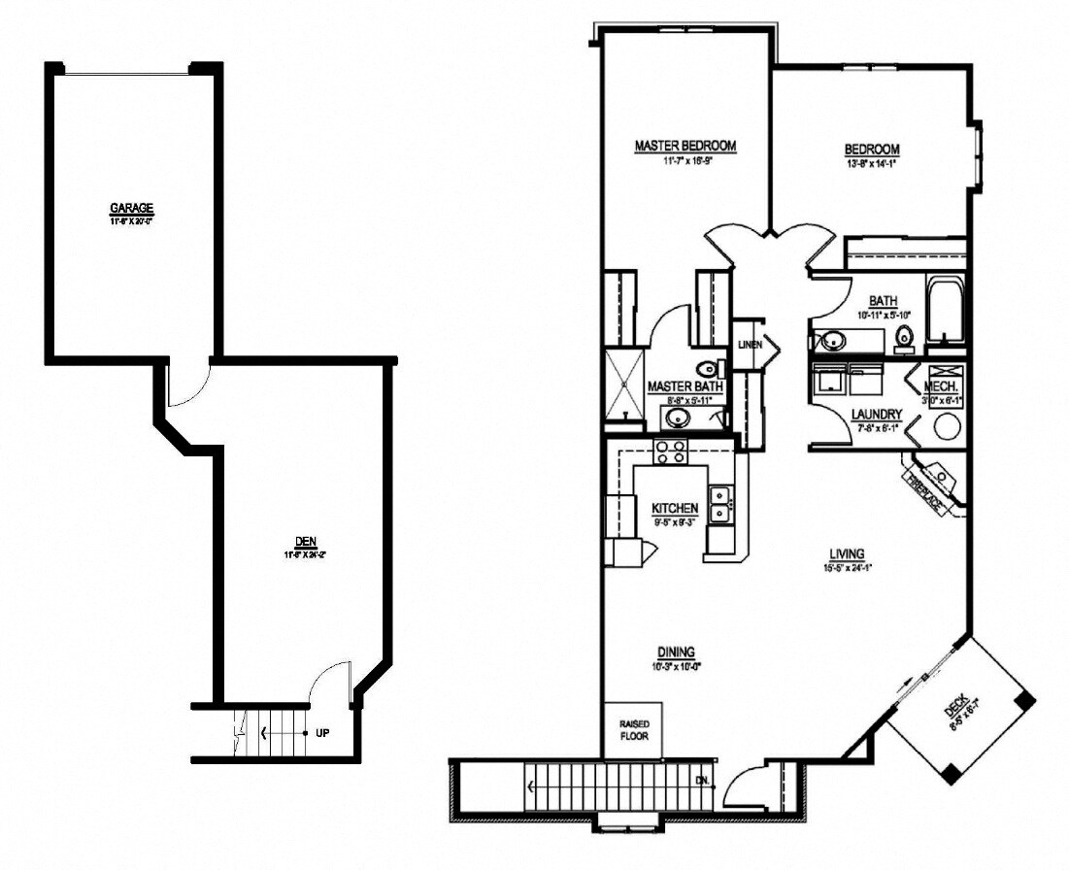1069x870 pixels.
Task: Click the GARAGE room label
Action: click(132, 208)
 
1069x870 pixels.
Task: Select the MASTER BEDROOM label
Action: click(685, 146)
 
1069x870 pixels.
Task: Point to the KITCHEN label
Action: click(675, 508)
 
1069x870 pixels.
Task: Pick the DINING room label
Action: click(675, 652)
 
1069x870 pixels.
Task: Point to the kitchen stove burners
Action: click(670, 452)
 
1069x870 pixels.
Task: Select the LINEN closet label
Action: click(749, 345)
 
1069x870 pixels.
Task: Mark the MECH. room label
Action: click(946, 385)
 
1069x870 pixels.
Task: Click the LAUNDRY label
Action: click(877, 414)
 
